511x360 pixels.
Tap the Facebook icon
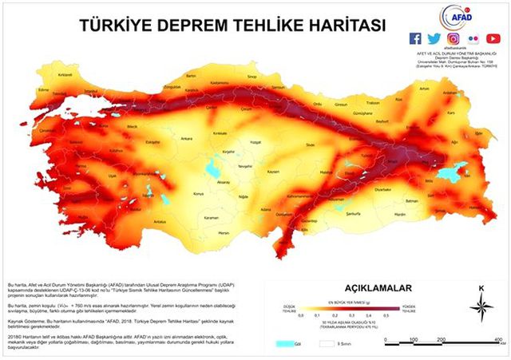coord(415,38)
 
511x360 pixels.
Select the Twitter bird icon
coord(434,38)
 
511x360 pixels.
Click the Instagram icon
coord(454,38)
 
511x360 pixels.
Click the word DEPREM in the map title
coord(188,26)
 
